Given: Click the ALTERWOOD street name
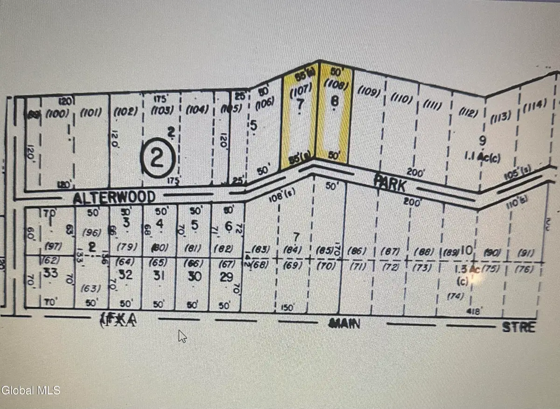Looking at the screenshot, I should (x=114, y=198).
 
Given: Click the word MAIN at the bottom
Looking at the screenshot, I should (x=344, y=323).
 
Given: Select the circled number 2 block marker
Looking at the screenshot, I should (x=157, y=160).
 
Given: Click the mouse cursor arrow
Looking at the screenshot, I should (x=182, y=336).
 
